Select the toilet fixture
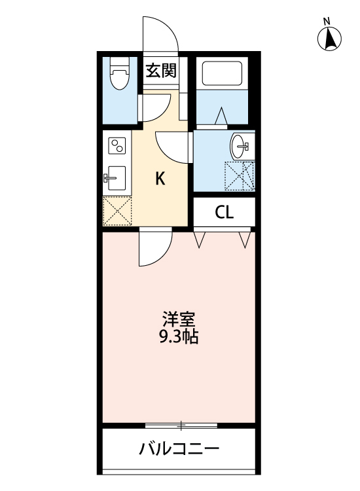tap(118, 73)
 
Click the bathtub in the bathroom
tap(222, 73)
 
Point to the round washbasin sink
tap(240, 145)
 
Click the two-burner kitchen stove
tap(117, 146)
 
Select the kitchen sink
tap(116, 177)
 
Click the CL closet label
tap(224, 212)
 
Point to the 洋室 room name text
tap(179, 321)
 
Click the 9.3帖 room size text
tap(179, 338)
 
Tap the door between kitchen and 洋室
tap(154, 247)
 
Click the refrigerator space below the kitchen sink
tap(117, 210)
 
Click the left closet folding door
tap(201, 238)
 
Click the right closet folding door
tap(245, 238)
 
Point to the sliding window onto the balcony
tap(181, 426)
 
